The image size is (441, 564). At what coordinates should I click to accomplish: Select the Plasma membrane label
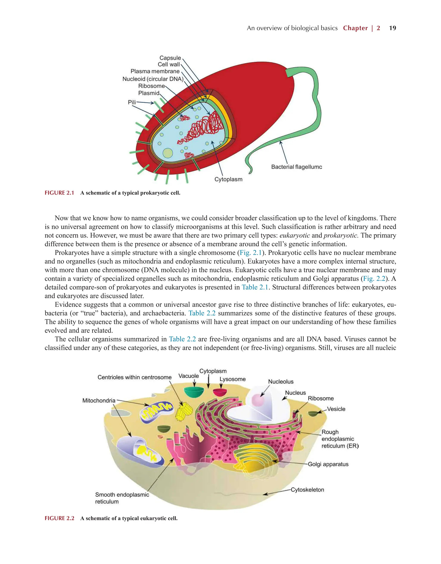(155, 71)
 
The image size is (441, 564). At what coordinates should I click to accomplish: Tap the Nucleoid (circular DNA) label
(153, 79)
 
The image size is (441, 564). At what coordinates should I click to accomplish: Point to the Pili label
(132, 102)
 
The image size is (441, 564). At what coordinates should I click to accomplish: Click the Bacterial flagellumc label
(297, 167)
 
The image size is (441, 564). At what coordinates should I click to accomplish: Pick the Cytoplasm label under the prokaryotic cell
(228, 179)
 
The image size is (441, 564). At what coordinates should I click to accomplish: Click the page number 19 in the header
(392, 28)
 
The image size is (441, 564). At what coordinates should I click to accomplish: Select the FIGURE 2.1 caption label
(59, 193)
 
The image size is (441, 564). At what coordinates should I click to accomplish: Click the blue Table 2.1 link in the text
(255, 287)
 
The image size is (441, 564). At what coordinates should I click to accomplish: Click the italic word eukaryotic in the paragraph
(295, 236)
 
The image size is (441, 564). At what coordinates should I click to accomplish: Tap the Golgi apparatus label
(328, 464)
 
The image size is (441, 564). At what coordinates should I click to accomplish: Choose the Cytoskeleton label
(307, 490)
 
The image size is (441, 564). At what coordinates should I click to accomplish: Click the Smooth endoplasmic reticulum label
(122, 498)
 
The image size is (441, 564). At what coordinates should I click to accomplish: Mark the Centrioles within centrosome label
(134, 377)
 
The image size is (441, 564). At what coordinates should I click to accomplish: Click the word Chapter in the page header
(355, 28)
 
